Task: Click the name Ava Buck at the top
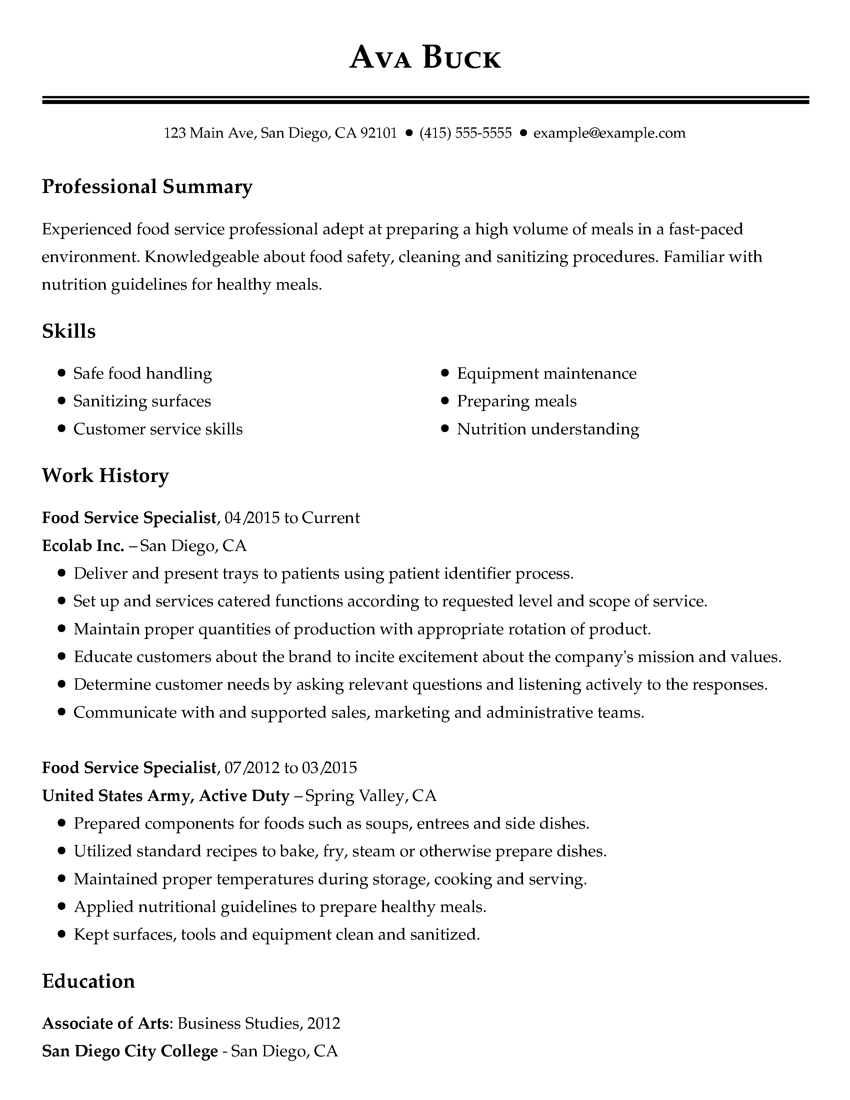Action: pyautogui.click(x=425, y=57)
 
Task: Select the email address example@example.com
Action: pyautogui.click(x=609, y=133)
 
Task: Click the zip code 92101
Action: pyautogui.click(x=379, y=133)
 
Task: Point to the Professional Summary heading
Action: pyautogui.click(x=147, y=187)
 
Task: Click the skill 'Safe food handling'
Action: pyautogui.click(x=143, y=373)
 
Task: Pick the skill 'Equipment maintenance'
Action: pyautogui.click(x=546, y=373)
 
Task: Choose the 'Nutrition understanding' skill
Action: pyautogui.click(x=548, y=429)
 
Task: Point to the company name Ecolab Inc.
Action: pyautogui.click(x=83, y=545)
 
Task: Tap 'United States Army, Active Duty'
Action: pyautogui.click(x=166, y=795)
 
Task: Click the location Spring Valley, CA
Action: pyautogui.click(x=371, y=795)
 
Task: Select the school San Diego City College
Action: pyautogui.click(x=130, y=1051)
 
